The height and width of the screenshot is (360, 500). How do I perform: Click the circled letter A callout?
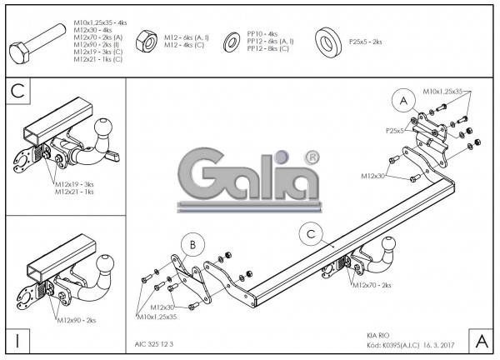403,101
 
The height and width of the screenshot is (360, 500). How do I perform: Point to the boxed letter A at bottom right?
481,341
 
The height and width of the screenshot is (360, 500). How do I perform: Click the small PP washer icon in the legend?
229,43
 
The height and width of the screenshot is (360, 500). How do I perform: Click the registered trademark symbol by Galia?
312,157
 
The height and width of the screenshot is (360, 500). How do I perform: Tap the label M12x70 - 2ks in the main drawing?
372,285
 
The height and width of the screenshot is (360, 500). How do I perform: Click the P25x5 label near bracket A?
394,131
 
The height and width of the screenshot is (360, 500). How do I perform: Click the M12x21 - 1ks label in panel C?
74,192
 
